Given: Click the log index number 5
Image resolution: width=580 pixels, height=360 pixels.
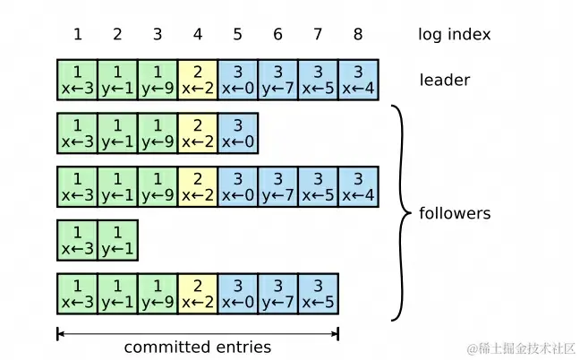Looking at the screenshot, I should [237, 35].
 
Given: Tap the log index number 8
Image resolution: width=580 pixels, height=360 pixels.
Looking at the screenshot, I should [358, 35].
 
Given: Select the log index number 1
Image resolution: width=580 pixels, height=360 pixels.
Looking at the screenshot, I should [77, 35].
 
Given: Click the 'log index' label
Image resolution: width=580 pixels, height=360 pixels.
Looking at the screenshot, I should [454, 35].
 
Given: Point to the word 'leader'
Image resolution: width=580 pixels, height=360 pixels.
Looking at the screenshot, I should [445, 81].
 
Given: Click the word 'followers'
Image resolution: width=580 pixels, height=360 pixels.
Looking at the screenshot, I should [455, 214].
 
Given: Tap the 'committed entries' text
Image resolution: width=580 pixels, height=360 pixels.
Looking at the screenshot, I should [197, 347].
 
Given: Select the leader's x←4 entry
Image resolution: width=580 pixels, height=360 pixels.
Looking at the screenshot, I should [358, 80].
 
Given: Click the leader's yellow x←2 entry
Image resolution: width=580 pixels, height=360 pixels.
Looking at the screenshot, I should [197, 80].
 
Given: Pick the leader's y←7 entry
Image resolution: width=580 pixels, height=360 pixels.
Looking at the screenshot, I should [277, 80].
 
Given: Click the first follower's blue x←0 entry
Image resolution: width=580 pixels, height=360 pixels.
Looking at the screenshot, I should [237, 133].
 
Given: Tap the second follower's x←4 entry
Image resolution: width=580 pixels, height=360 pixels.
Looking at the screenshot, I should [358, 186].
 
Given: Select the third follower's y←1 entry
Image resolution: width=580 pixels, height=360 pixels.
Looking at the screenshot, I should [117, 239].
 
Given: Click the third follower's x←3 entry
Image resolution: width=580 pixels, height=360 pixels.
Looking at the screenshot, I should [77, 239].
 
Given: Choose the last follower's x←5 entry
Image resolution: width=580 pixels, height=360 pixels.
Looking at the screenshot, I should [318, 293].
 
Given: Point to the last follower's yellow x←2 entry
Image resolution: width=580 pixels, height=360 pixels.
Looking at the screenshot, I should [197, 293].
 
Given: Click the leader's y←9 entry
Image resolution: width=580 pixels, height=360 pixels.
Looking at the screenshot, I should [157, 80].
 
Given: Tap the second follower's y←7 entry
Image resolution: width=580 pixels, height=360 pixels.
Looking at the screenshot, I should [277, 186].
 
